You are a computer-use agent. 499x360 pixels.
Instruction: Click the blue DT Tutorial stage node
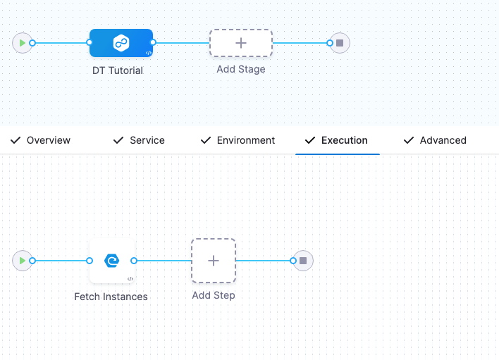click(121, 43)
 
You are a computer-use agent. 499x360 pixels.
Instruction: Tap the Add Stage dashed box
click(241, 43)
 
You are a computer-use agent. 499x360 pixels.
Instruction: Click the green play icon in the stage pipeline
click(23, 43)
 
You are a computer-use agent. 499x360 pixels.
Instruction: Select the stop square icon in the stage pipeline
click(340, 43)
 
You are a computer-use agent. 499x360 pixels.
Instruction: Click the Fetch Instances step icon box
click(111, 261)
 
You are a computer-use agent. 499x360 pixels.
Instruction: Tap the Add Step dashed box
click(214, 261)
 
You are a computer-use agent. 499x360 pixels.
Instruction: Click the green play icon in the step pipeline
click(23, 261)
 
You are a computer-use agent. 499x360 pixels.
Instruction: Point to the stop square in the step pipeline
click(303, 261)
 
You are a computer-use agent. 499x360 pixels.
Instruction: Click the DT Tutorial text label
click(118, 70)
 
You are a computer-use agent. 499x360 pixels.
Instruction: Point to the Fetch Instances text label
click(111, 297)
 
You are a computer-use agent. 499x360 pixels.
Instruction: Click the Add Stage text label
click(241, 69)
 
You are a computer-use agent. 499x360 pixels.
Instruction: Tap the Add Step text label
click(214, 295)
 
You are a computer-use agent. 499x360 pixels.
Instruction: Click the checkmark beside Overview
click(15, 140)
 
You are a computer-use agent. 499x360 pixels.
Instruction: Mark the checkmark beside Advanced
click(408, 140)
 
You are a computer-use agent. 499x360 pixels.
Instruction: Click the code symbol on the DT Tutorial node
click(149, 53)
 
